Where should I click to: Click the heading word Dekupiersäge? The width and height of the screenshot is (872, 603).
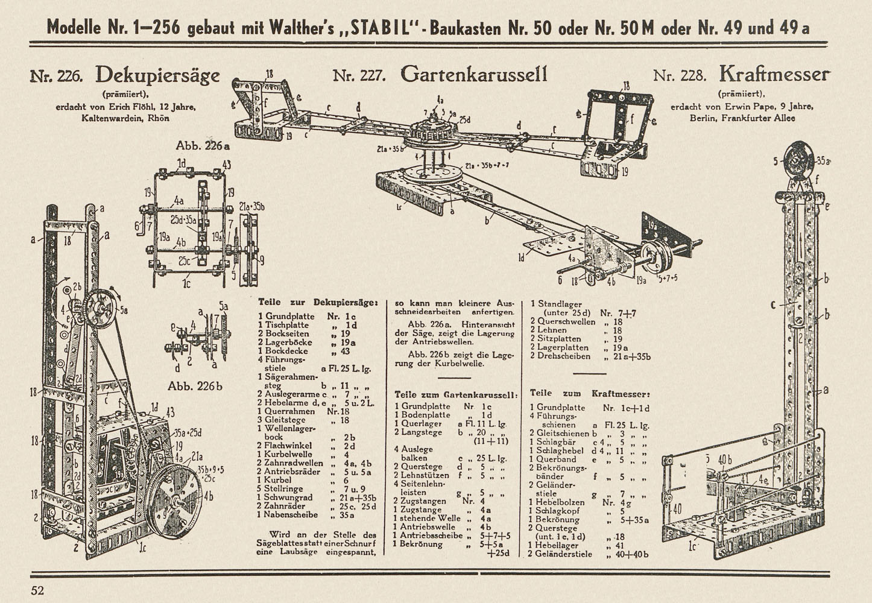[157, 76]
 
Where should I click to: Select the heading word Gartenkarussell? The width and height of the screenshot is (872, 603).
[474, 75]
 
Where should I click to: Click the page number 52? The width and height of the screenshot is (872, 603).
[37, 590]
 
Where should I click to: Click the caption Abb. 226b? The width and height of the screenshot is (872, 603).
[195, 386]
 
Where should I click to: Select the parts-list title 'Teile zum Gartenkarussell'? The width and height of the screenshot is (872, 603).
[456, 395]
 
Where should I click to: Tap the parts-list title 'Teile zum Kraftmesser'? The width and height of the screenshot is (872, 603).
[590, 394]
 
